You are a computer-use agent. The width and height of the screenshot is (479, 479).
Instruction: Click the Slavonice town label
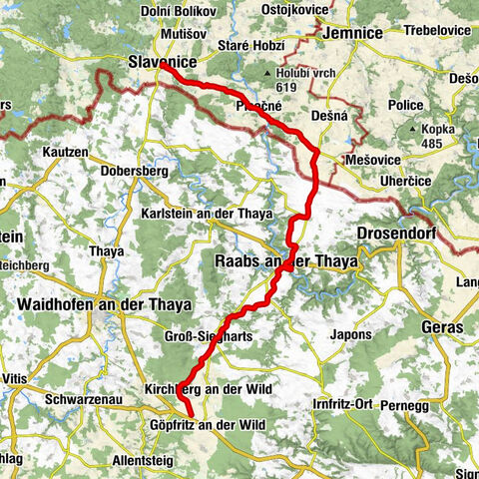click(x=158, y=63)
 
